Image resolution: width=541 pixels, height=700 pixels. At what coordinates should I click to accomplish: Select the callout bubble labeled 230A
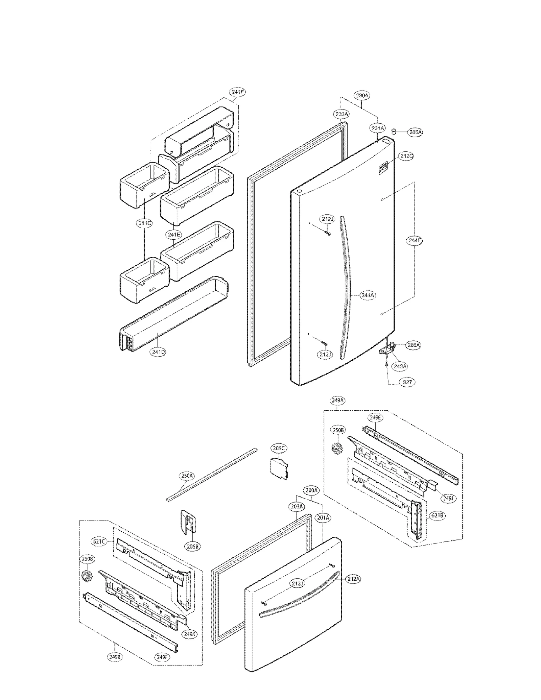click(x=362, y=96)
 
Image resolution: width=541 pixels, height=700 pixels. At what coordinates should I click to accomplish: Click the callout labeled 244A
click(x=368, y=295)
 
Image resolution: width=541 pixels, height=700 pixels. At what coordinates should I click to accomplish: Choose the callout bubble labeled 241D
click(x=159, y=352)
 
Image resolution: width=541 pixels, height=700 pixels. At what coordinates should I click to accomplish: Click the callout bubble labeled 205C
click(x=279, y=449)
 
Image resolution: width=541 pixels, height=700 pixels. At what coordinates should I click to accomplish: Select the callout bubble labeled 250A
click(x=186, y=476)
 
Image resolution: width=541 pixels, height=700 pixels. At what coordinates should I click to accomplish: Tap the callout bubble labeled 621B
click(x=437, y=516)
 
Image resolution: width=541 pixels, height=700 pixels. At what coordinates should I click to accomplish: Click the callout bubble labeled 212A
click(x=353, y=579)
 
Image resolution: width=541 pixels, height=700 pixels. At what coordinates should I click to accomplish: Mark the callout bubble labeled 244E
click(x=414, y=241)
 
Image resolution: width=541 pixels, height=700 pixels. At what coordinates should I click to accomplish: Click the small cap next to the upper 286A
click(x=394, y=131)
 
